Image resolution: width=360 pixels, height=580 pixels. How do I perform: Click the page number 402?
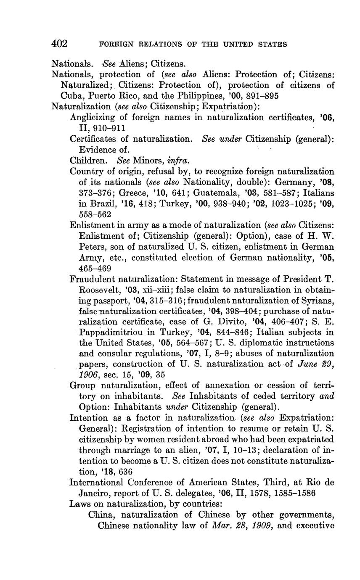pyautogui.click(x=59, y=44)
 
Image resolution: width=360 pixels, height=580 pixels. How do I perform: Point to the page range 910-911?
pyautogui.click(x=107, y=128)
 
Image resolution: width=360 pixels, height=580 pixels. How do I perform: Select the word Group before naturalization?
pyautogui.click(x=83, y=385)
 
